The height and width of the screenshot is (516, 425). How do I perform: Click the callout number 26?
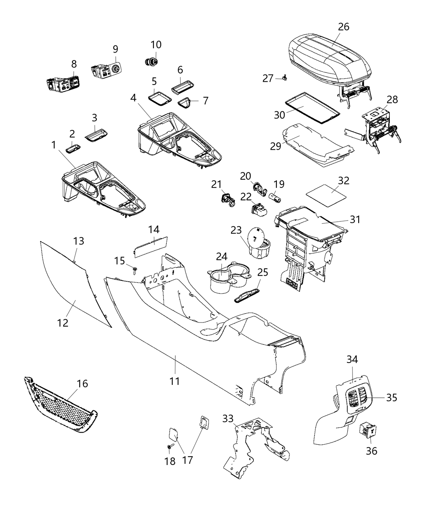pos(344,27)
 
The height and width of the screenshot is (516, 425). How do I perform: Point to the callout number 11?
pos(175,381)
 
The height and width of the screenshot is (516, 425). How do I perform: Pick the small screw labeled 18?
pos(169,446)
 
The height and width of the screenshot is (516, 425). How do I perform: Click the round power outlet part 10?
pos(152,61)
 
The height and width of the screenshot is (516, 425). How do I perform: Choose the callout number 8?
pos(74,64)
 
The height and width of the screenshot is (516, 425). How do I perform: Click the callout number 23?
pos(236,229)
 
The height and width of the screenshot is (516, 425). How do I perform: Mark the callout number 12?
pos(63,323)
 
